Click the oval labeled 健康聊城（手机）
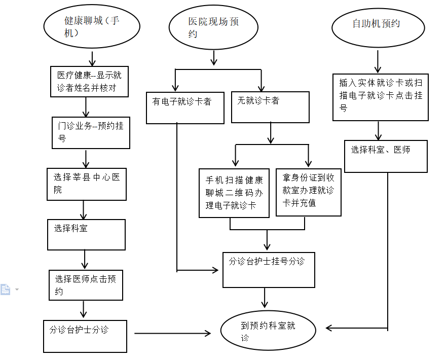(x=92, y=27)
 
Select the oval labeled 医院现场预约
(x=213, y=27)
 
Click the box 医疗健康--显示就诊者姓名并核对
(x=90, y=82)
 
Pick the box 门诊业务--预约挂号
(x=91, y=133)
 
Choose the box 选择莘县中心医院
(x=86, y=184)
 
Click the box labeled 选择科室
(x=86, y=234)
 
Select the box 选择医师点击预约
(x=86, y=285)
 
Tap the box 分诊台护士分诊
(x=85, y=335)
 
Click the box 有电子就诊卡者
(x=185, y=107)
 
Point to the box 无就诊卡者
(x=270, y=107)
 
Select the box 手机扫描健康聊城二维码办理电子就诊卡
(x=234, y=193)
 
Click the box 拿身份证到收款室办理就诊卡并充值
(x=308, y=192)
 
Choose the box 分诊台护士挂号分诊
(x=269, y=270)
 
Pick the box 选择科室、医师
(x=386, y=156)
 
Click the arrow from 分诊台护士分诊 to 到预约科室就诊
(x=172, y=333)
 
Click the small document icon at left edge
(x=6, y=290)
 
